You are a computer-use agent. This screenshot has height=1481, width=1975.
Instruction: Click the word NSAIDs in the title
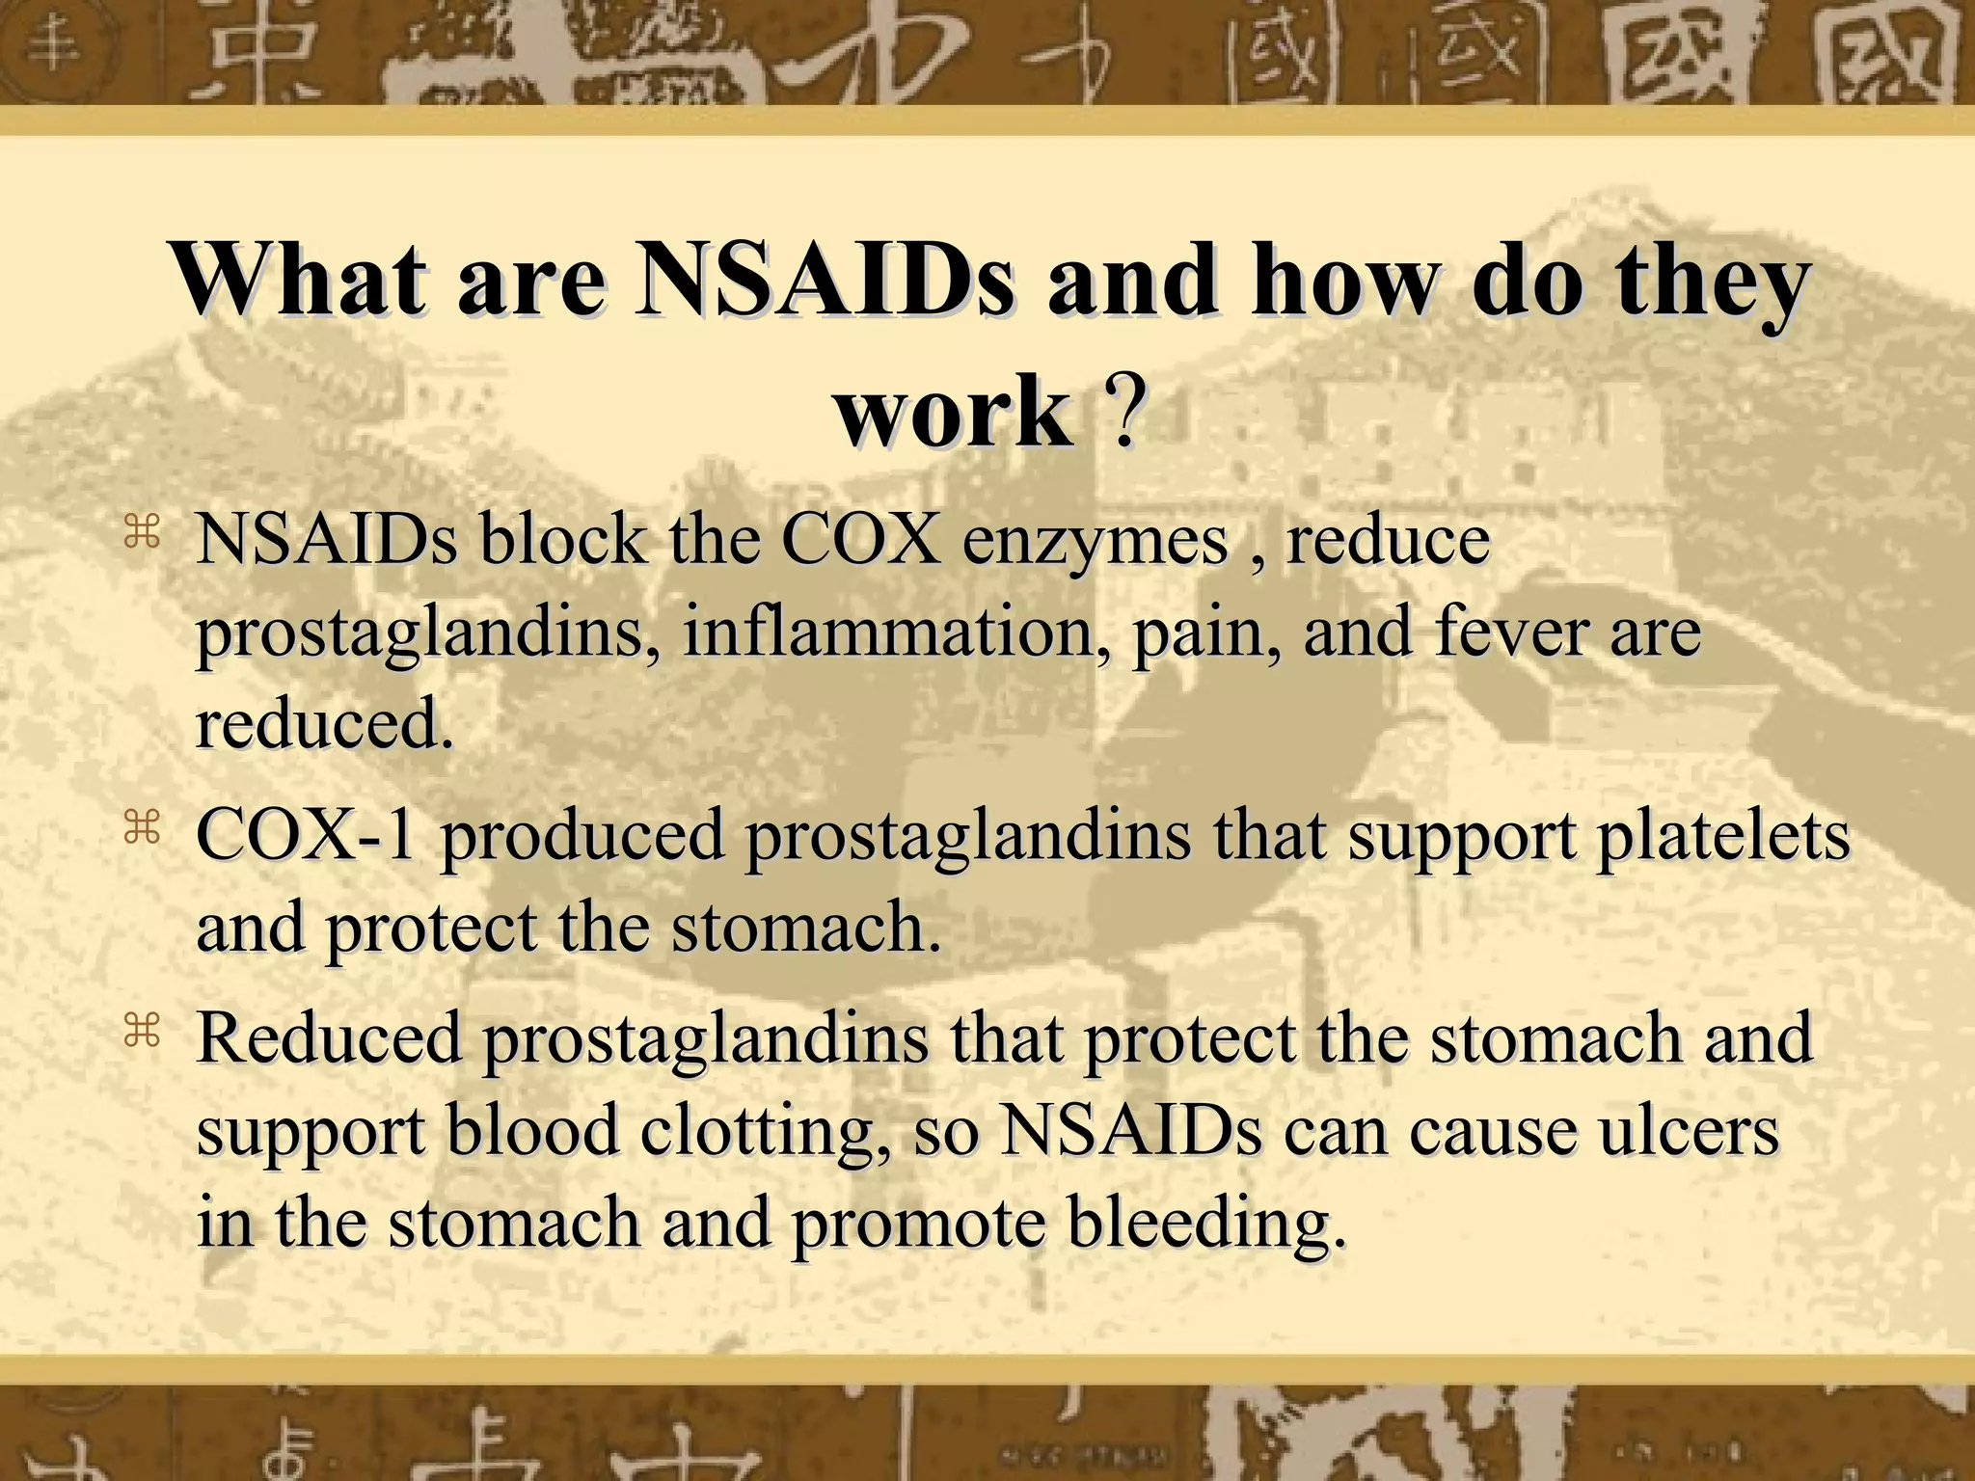[x=825, y=282]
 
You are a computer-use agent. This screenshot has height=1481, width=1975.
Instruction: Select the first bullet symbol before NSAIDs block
[x=141, y=532]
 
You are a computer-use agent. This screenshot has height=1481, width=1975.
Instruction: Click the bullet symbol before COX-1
[x=141, y=827]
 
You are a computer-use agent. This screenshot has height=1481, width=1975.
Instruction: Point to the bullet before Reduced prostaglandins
[x=141, y=1032]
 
